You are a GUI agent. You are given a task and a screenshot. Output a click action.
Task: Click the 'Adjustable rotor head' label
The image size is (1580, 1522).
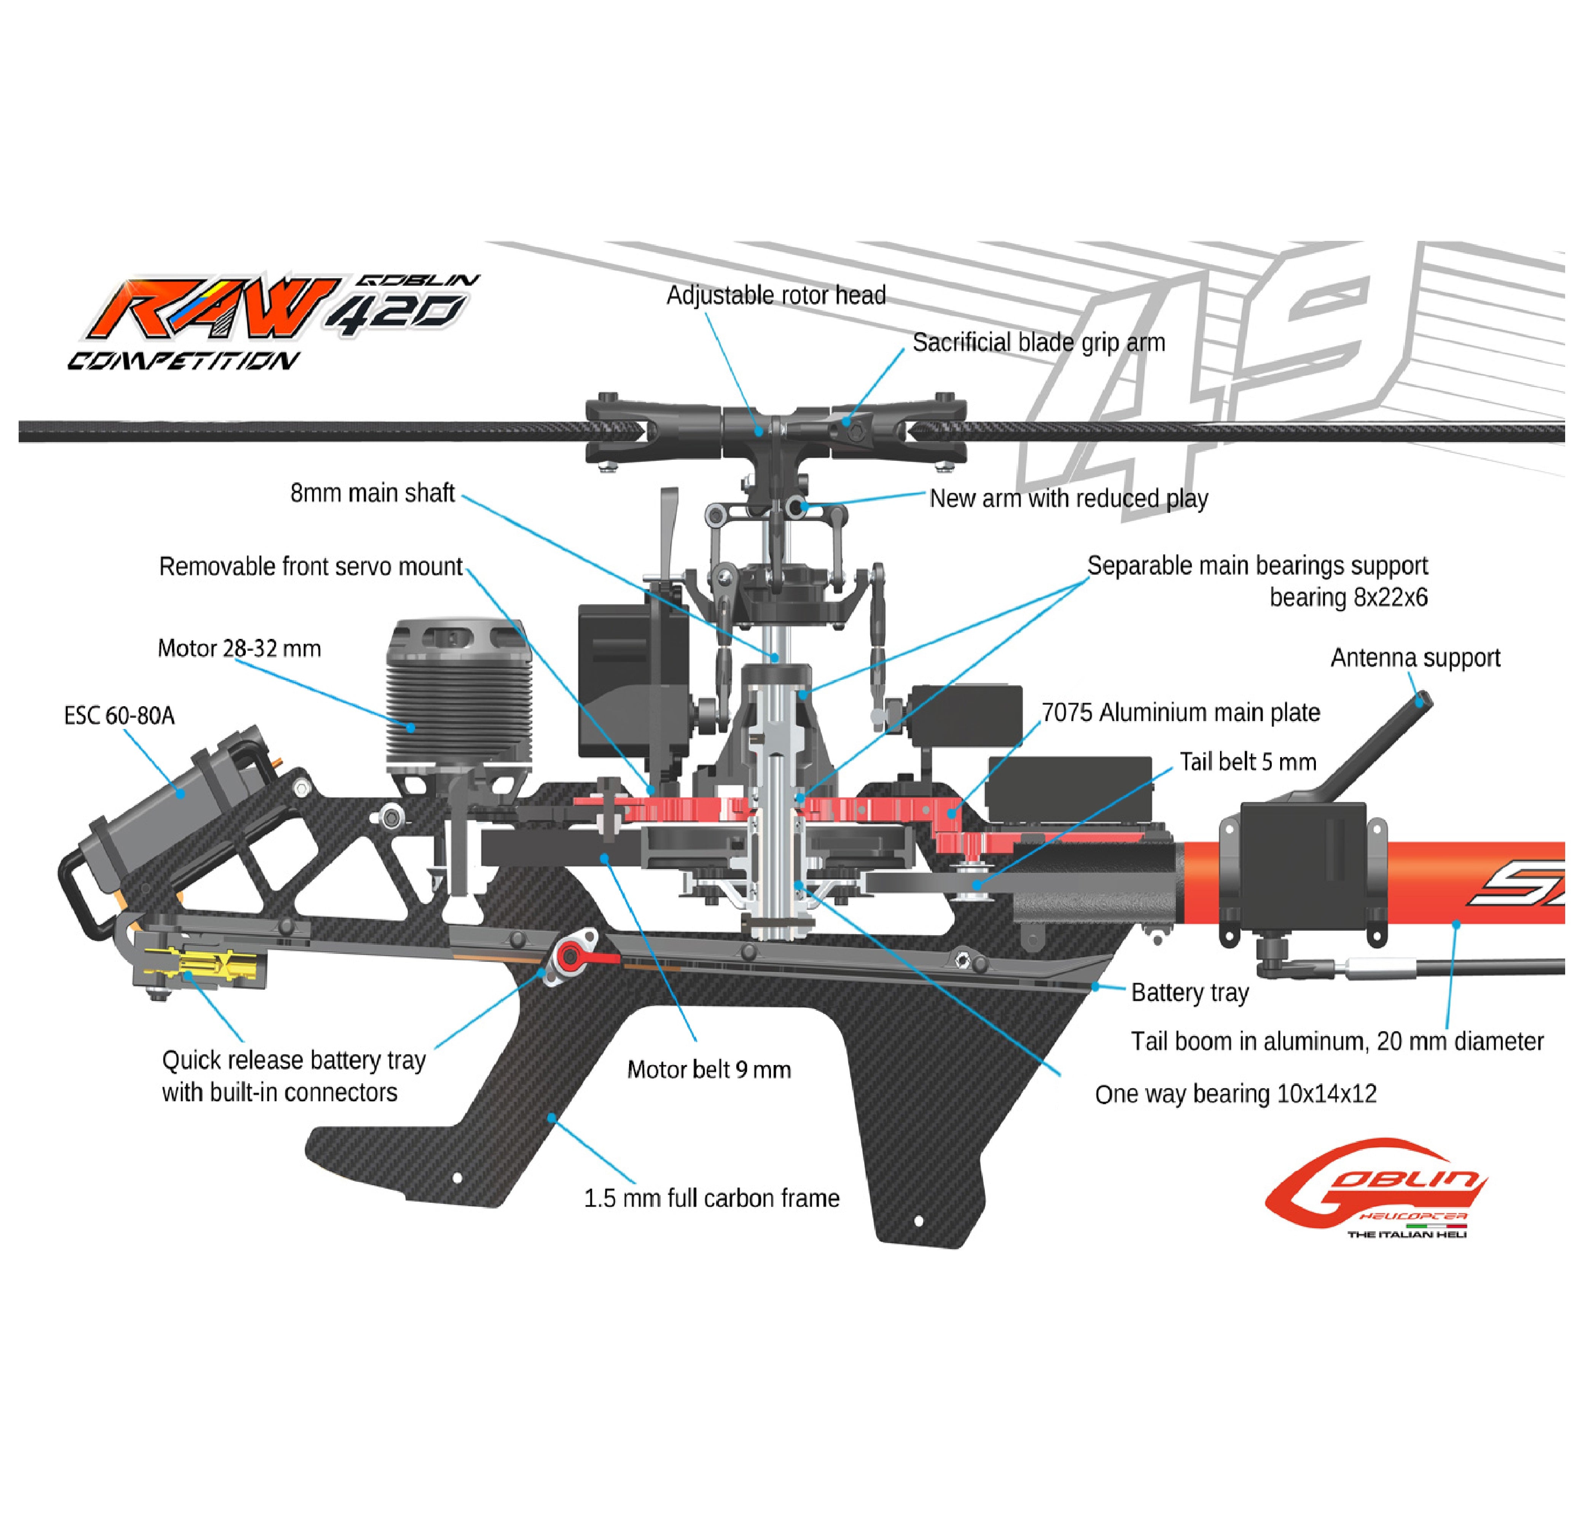click(x=776, y=296)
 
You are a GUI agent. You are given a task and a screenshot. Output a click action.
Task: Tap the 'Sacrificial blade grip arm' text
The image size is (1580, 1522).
click(x=1038, y=342)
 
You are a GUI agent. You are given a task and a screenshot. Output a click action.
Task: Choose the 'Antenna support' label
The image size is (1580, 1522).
click(x=1415, y=658)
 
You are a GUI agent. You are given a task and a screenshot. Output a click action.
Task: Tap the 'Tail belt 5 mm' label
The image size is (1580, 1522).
click(x=1247, y=762)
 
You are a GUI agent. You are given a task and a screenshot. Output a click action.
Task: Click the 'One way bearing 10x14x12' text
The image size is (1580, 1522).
click(x=1235, y=1094)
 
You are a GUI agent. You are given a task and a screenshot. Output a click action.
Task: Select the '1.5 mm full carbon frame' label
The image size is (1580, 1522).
click(x=711, y=1198)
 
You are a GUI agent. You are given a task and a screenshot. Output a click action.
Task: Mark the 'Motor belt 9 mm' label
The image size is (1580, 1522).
click(x=709, y=1070)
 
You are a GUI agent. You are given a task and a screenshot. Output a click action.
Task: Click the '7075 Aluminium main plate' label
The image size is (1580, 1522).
click(x=1180, y=713)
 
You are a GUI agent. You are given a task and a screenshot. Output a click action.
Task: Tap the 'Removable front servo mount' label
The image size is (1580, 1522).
click(x=311, y=567)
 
